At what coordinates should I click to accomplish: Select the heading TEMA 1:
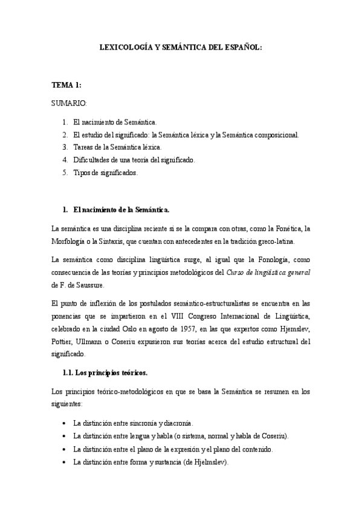click(x=66, y=85)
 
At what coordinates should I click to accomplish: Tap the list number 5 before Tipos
click(x=64, y=173)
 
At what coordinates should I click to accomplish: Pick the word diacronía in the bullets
click(x=181, y=423)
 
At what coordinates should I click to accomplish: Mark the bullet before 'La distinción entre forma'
click(x=65, y=462)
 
